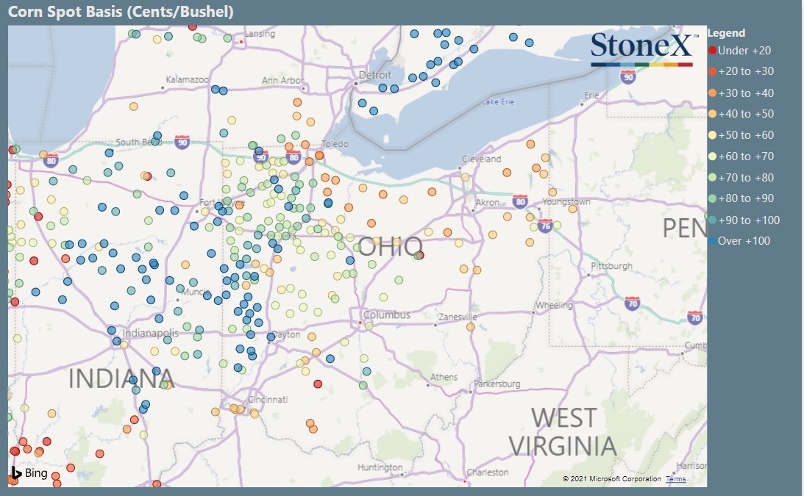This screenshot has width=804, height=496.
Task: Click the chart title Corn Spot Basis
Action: click(121, 12)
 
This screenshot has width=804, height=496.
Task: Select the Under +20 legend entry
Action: click(744, 50)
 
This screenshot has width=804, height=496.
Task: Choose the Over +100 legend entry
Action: click(744, 241)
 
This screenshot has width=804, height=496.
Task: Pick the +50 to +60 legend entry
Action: click(745, 135)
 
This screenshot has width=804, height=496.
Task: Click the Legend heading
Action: click(726, 33)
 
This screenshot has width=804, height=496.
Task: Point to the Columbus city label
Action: click(391, 315)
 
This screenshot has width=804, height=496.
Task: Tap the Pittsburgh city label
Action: click(611, 265)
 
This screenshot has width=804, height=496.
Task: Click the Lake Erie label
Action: click(498, 101)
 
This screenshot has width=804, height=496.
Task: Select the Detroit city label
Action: click(375, 75)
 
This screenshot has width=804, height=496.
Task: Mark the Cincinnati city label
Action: click(267, 400)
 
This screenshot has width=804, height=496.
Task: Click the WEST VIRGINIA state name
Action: click(563, 431)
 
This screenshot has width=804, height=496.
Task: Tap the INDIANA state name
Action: click(121, 379)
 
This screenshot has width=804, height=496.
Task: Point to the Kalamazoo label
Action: click(188, 79)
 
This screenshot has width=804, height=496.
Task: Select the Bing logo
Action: click(29, 473)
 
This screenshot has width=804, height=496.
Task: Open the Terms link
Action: click(675, 479)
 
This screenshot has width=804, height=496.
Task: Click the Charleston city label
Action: click(487, 472)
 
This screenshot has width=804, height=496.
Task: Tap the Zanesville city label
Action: click(458, 317)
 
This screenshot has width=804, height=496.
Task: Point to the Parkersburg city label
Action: click(497, 384)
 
